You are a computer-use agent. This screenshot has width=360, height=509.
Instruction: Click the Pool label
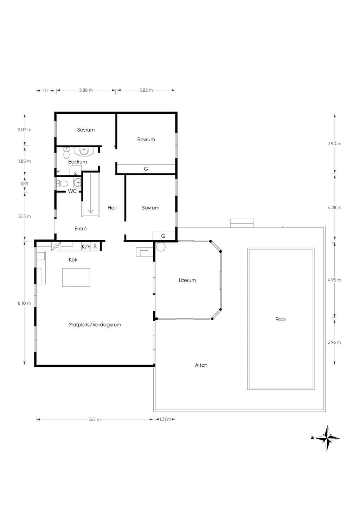[x=280, y=319]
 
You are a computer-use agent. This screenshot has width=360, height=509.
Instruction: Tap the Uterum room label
[x=187, y=280]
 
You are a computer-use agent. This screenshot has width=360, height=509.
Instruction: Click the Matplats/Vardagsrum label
[x=95, y=324]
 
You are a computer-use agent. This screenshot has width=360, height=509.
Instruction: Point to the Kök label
[x=73, y=259]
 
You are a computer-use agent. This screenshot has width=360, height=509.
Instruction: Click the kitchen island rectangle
[x=76, y=277]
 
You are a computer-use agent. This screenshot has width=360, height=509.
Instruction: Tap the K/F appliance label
[x=86, y=246]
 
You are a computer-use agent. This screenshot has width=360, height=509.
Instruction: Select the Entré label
[x=81, y=228]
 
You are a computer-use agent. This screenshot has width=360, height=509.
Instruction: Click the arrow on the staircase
[x=91, y=193]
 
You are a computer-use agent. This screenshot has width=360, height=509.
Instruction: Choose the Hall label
[x=112, y=207]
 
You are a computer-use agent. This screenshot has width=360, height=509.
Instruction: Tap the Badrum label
[x=77, y=162]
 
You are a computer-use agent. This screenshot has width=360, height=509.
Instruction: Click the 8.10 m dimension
[x=24, y=303]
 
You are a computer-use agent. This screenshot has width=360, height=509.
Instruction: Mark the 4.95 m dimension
[x=334, y=280]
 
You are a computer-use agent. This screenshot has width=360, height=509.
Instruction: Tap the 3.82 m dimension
[x=146, y=90]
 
